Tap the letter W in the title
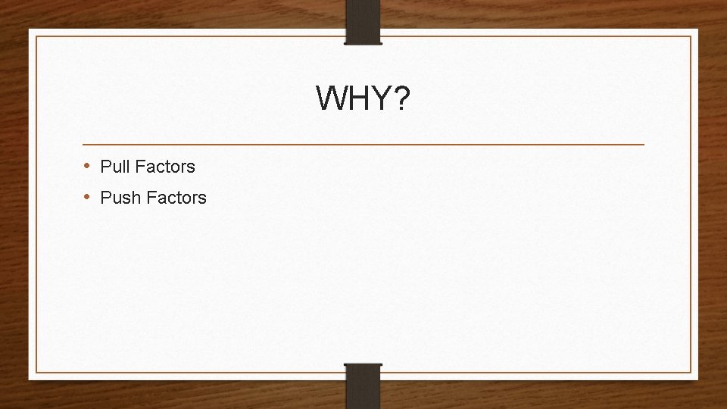click(x=330, y=98)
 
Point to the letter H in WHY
click(x=357, y=98)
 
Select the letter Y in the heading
click(x=379, y=98)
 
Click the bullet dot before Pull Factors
click(x=88, y=166)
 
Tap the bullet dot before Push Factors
click(x=88, y=198)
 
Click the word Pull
click(x=116, y=166)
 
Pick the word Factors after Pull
click(x=166, y=166)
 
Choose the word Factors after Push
click(x=177, y=198)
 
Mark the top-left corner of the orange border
click(x=36, y=36)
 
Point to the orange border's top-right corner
click(x=691, y=36)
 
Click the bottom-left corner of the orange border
click(x=36, y=372)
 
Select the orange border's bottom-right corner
click(x=691, y=372)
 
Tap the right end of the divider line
click(x=644, y=144)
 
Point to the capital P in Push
click(x=105, y=198)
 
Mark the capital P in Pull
click(x=105, y=166)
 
